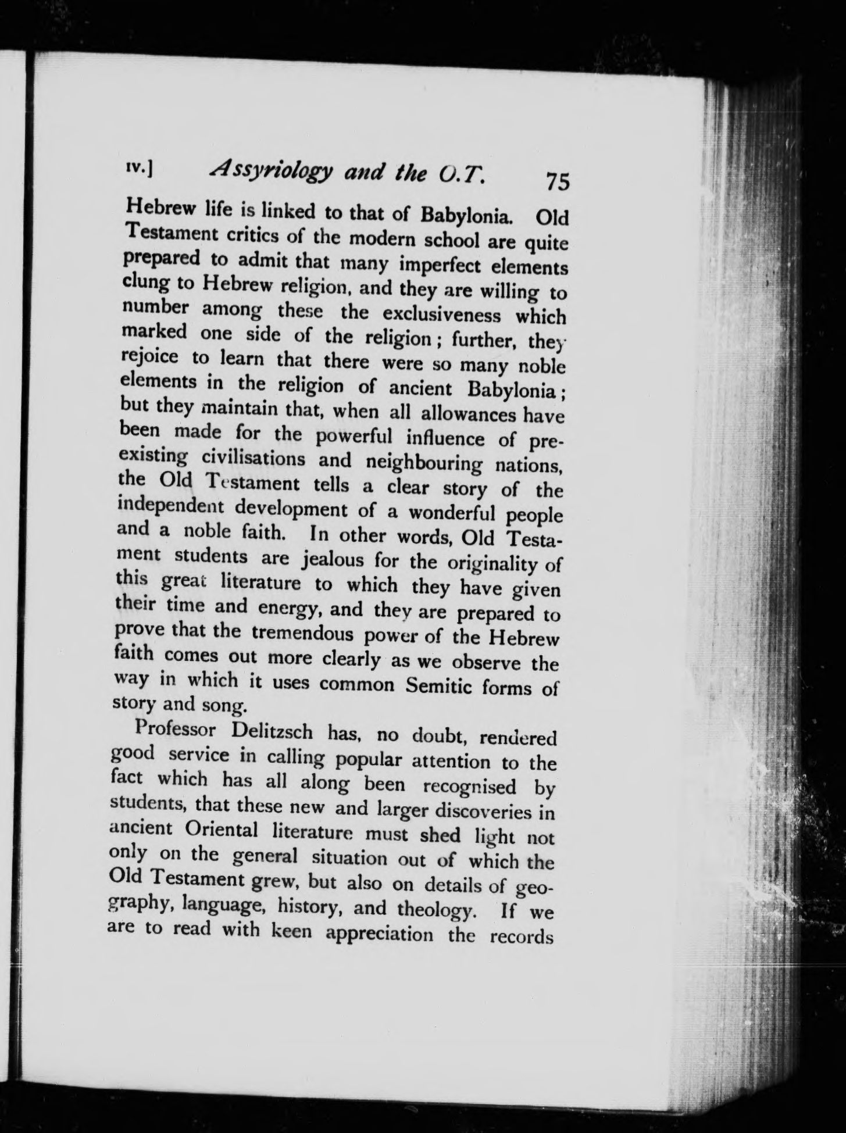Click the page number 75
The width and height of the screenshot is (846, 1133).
556,182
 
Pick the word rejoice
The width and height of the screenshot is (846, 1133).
152,356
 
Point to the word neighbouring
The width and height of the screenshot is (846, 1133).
424,463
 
